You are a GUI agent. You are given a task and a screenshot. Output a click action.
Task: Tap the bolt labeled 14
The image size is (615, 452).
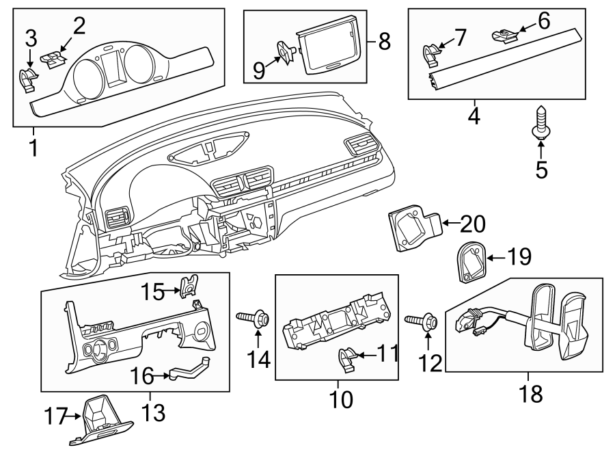click(255, 318)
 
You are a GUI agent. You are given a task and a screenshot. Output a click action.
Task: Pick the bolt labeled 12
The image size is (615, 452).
click(422, 320)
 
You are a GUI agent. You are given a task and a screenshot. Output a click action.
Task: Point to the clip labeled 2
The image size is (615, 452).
click(55, 57)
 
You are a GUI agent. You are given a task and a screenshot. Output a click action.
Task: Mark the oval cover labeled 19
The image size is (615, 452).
click(471, 263)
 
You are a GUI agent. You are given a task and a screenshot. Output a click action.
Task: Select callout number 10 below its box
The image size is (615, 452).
click(340, 399)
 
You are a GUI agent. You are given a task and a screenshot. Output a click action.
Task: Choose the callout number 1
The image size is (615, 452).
click(33, 146)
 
